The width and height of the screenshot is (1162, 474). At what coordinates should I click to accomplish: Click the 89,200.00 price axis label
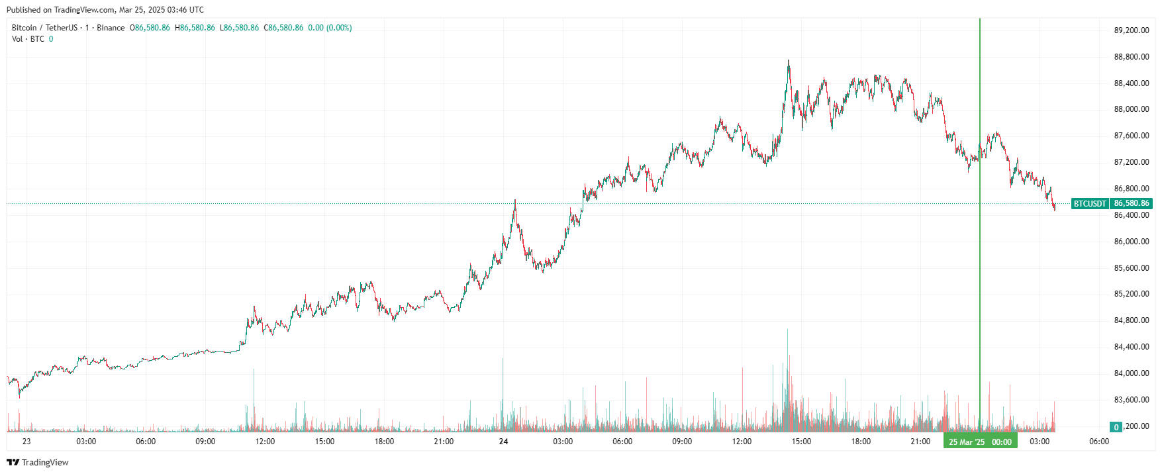click(x=1132, y=30)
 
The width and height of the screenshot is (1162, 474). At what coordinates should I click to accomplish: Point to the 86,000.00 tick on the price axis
click(x=1132, y=242)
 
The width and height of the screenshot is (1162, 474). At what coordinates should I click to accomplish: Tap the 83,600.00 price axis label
click(x=1132, y=400)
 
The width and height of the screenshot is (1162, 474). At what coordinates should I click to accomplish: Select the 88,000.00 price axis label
click(x=1132, y=109)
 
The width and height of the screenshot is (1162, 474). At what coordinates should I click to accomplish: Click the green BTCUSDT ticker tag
click(x=1090, y=204)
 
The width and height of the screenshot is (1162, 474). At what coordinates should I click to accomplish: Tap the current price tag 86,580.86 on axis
click(x=1132, y=204)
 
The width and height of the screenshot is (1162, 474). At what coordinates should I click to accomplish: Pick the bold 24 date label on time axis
click(x=503, y=442)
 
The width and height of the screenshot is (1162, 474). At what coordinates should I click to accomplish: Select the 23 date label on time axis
click(x=26, y=442)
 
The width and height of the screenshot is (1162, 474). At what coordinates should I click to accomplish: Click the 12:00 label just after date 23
click(x=265, y=442)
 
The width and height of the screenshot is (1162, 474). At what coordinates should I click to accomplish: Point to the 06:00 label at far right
click(x=1099, y=442)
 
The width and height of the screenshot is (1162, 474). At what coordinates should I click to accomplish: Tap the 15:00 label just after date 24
click(x=801, y=442)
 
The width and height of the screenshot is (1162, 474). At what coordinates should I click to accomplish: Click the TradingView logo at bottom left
click(x=38, y=462)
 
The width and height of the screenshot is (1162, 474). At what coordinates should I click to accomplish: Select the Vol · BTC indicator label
click(x=28, y=39)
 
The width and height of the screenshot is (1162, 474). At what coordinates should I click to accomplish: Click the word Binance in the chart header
click(x=111, y=28)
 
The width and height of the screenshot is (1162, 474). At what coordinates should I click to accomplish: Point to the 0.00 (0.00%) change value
click(x=330, y=28)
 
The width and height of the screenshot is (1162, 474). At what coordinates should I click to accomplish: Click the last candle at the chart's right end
click(x=1054, y=208)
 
